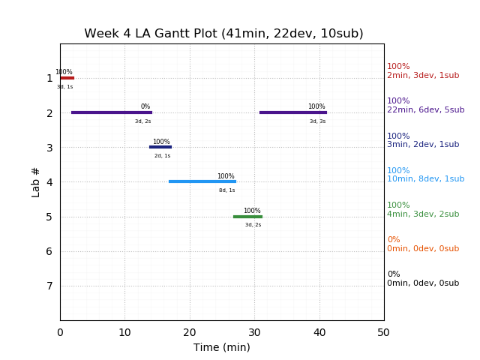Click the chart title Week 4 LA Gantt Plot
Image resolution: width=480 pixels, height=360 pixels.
(223, 34)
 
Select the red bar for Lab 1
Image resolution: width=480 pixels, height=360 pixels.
(67, 78)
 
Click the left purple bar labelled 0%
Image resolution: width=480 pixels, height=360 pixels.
(112, 112)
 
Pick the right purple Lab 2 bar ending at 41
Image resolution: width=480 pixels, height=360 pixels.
(293, 112)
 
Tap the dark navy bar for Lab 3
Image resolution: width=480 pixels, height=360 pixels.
(160, 147)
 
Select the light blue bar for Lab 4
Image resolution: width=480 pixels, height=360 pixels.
(202, 181)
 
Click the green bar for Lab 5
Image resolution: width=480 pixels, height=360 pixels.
(247, 217)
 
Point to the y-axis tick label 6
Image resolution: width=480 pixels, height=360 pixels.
(49, 251)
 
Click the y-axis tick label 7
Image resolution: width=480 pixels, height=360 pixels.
(49, 286)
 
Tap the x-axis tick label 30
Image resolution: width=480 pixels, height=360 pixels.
(254, 332)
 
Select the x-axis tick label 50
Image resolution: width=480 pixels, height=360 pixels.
(384, 332)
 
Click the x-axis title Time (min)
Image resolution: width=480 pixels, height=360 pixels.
(222, 347)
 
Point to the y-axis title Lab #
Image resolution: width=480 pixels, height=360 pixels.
(36, 182)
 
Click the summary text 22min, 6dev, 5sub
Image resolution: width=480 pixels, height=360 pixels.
(425, 110)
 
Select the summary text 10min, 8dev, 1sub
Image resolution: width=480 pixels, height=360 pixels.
(425, 179)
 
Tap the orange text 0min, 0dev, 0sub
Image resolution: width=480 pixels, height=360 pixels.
(423, 249)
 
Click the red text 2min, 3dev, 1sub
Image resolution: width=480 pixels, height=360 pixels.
(423, 76)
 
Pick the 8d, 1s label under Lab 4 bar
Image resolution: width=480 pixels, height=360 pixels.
(226, 190)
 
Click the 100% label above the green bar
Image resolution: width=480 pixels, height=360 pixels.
(252, 211)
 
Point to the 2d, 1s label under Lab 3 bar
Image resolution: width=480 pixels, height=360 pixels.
(162, 156)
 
